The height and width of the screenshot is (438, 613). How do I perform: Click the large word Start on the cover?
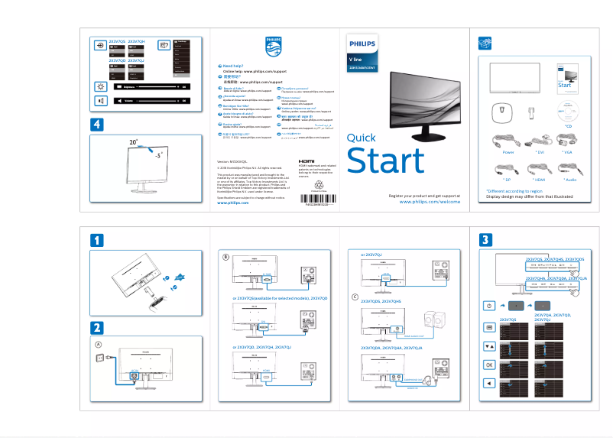[385, 161]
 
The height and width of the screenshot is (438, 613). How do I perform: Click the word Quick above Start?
[362, 138]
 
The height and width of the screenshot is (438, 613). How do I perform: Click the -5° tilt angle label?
[158, 154]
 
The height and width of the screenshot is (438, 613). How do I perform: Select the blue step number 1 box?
[97, 241]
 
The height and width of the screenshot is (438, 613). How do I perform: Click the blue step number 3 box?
[486, 241]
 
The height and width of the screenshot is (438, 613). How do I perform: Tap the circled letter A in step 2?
[98, 345]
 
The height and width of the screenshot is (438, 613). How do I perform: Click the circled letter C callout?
[355, 296]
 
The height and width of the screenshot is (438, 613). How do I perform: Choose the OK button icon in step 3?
[489, 365]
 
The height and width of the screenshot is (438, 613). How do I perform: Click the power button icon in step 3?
[489, 306]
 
